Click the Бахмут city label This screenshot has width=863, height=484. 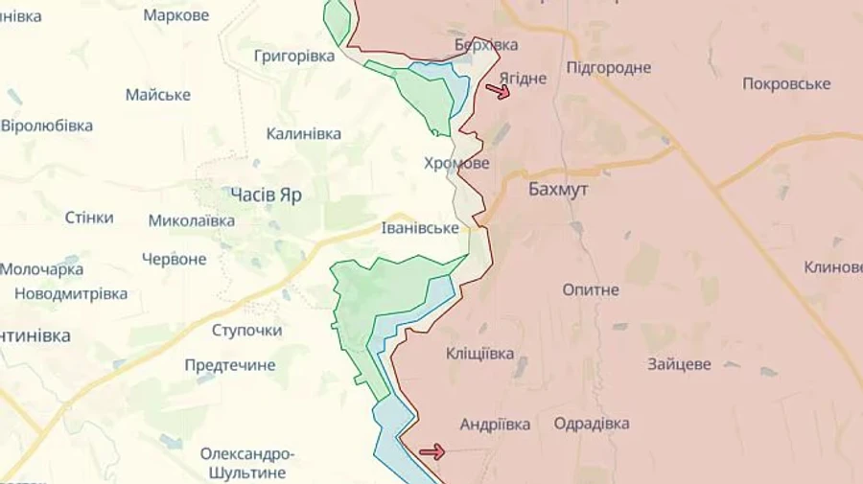click(x=558, y=190)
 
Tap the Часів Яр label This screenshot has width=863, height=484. click(x=266, y=195)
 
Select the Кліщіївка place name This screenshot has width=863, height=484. click(x=479, y=354)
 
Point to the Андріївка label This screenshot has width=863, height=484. click(x=496, y=424)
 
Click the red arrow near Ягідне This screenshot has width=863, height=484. click(x=498, y=91)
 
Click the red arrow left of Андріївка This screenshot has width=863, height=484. click(x=432, y=451)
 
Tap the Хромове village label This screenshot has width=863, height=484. click(x=456, y=164)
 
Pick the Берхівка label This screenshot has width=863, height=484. click(x=486, y=45)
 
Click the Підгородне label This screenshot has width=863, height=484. click(x=608, y=67)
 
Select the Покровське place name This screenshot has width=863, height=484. click(x=786, y=83)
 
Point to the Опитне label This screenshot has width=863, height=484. click(x=591, y=289)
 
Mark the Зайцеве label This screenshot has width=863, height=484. click(x=679, y=364)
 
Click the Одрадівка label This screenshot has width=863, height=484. click(x=592, y=424)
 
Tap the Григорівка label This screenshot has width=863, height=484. click(x=294, y=56)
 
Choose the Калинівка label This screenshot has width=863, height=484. click(x=303, y=134)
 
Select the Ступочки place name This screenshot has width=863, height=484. click(x=246, y=330)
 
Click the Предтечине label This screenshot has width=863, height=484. click(x=230, y=365)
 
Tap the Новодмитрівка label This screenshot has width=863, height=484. click(x=71, y=294)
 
